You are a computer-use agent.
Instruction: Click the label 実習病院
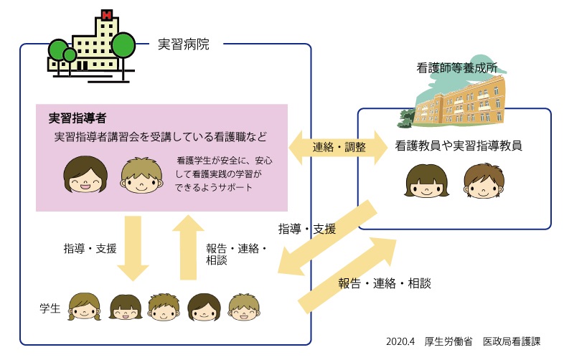[183, 44]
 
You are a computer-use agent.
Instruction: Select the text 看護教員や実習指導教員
[458, 146]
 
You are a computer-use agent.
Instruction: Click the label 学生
[50, 308]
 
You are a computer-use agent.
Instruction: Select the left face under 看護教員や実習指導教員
[423, 183]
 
